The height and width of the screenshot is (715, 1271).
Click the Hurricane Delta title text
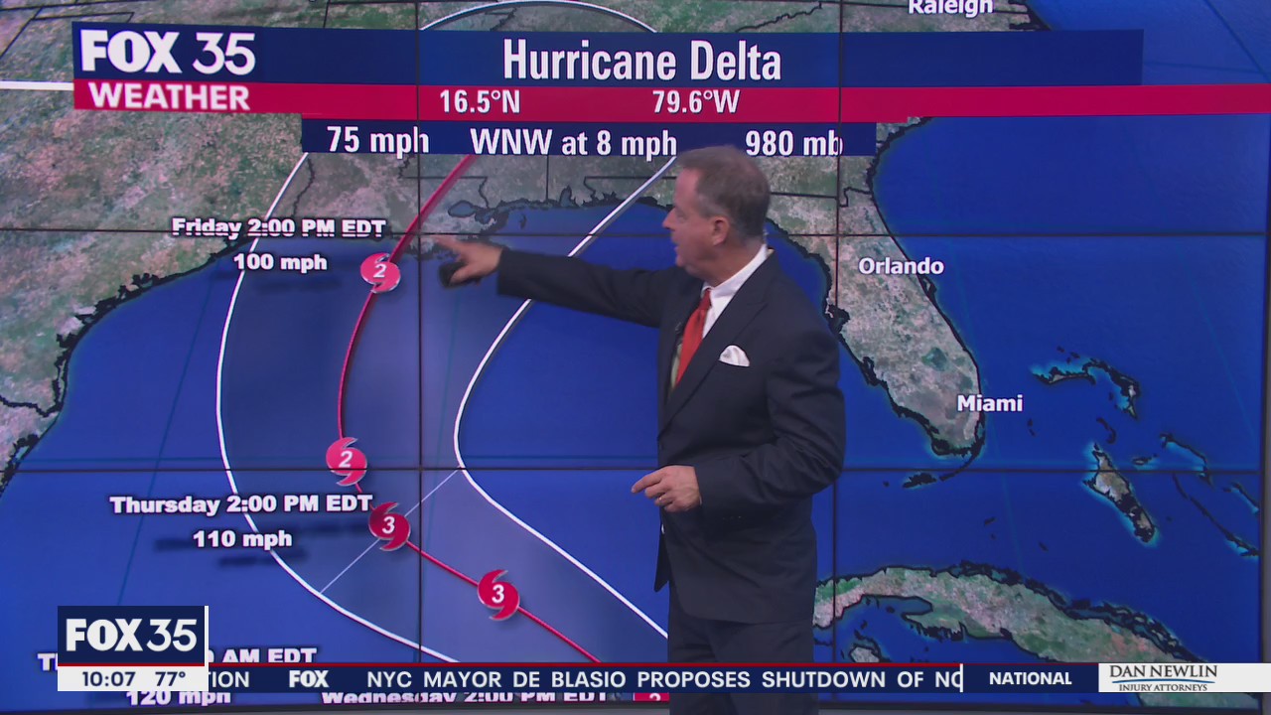pos(641,61)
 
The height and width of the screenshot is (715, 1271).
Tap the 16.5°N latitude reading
pos(480,102)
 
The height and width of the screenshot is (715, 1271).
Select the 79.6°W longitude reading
pos(695,102)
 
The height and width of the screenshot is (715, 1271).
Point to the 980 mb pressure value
pos(792,142)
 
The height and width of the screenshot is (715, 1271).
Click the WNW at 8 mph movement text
pos(573,142)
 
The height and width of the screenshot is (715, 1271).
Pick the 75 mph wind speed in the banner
pos(377,140)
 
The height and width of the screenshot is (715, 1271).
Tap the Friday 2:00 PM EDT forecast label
pos(278,227)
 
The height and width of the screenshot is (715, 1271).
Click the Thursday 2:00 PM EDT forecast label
pos(241,504)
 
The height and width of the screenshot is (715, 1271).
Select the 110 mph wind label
pos(242,539)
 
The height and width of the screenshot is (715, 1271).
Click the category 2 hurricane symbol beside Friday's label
pos(380,271)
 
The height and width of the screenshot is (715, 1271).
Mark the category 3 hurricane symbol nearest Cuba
pos(497,594)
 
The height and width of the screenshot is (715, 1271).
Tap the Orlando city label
pos(901,266)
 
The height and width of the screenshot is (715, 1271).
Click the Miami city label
pos(989,403)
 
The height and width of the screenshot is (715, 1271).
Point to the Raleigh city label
pos(949,8)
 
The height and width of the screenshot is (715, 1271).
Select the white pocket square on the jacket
pos(734,356)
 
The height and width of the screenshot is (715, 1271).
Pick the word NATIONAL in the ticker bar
pos(1030,679)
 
